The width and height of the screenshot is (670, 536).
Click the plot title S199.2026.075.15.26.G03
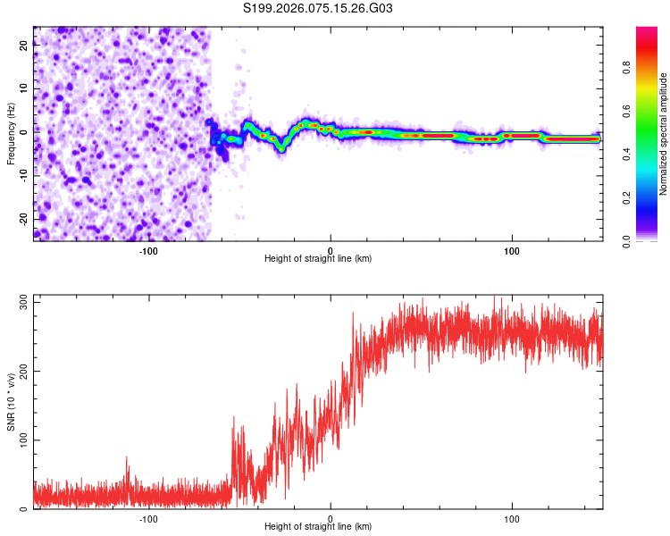[318, 9]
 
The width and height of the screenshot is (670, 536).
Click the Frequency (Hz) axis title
[11, 134]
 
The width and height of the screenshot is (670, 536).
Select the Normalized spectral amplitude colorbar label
[664, 134]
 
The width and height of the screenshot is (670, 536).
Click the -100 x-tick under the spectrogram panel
[148, 250]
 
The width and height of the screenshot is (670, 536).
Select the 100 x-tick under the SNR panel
[512, 518]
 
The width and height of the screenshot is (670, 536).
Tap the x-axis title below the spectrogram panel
[318, 259]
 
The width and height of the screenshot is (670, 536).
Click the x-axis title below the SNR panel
[318, 527]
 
